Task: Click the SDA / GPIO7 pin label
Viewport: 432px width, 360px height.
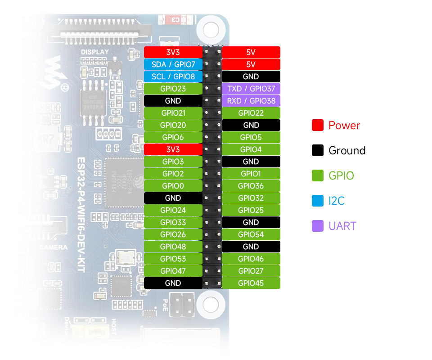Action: pos(173,64)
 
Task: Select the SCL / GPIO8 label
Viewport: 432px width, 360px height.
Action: pos(173,76)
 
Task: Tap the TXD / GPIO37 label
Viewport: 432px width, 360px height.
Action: pos(251,89)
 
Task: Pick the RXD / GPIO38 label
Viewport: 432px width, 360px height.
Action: pos(251,101)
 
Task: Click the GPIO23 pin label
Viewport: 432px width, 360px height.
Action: pos(173,89)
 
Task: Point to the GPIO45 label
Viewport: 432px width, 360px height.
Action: pos(251,283)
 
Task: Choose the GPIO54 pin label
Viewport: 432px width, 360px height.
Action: pos(251,234)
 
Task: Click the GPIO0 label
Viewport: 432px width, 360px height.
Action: pos(173,186)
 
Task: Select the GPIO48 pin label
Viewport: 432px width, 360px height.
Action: pos(173,247)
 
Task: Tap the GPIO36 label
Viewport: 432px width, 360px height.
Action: pos(251,186)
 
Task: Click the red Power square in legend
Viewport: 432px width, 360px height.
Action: pos(318,126)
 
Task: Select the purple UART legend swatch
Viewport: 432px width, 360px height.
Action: pos(318,226)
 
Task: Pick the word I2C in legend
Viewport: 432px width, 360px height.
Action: pos(336,201)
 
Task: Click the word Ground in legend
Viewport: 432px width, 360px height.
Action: pos(347,151)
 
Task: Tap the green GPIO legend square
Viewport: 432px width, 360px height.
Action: pos(318,175)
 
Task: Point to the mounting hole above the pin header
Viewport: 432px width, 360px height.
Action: pos(210,30)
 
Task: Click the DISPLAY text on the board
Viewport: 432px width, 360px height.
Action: pos(95,52)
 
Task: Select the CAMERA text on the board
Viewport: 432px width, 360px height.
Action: pos(53,247)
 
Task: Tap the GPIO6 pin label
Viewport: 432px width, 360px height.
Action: pos(173,137)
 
